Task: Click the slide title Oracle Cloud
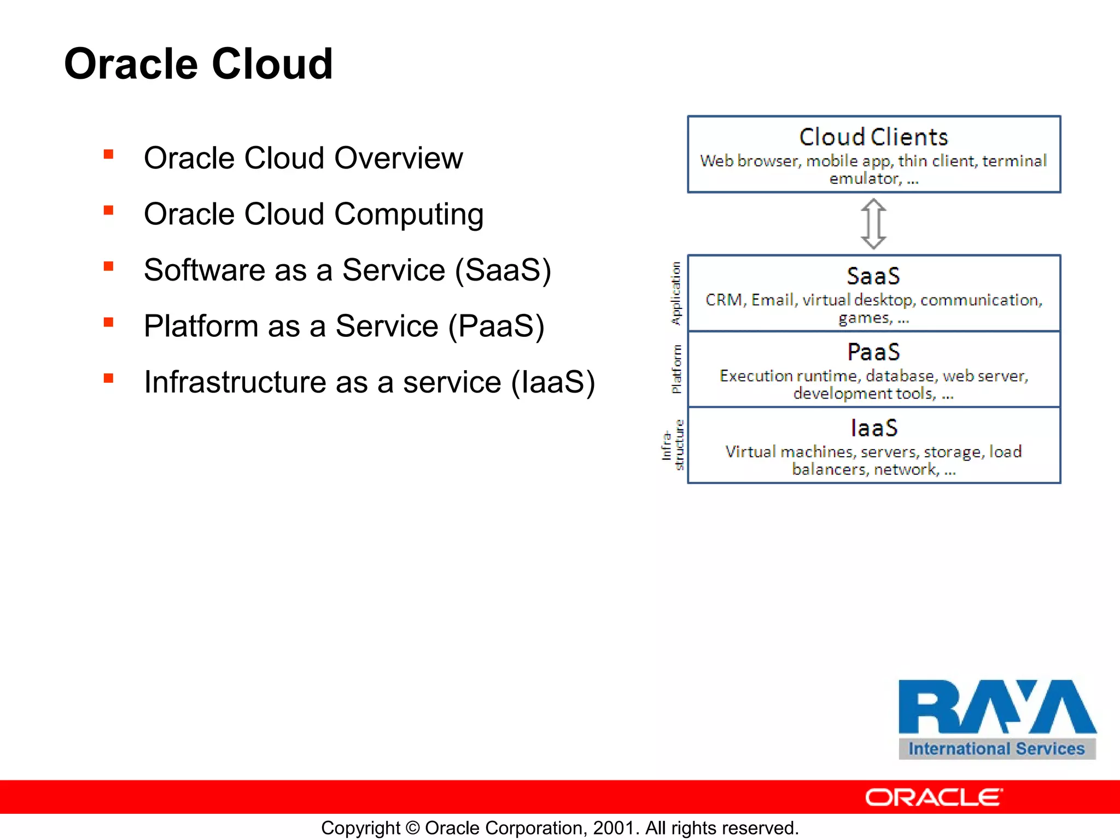[x=198, y=64]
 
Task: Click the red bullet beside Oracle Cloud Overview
[x=108, y=155]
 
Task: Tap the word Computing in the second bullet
[x=409, y=214]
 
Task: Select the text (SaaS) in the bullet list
[x=503, y=270]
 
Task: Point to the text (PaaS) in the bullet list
[x=496, y=326]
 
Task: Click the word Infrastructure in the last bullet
[x=235, y=382]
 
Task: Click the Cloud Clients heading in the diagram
[x=873, y=137]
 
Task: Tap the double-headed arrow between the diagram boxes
[x=873, y=224]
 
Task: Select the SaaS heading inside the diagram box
[x=873, y=276]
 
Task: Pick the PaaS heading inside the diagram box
[x=873, y=352]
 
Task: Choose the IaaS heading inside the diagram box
[x=874, y=428]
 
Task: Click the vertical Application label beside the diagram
[x=676, y=293]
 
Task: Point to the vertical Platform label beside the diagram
[x=676, y=369]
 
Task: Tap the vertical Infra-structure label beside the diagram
[x=673, y=445]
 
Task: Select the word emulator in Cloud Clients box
[x=864, y=179]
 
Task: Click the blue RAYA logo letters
[x=996, y=707]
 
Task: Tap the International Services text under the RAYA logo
[x=996, y=749]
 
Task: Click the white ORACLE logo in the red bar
[x=934, y=797]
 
